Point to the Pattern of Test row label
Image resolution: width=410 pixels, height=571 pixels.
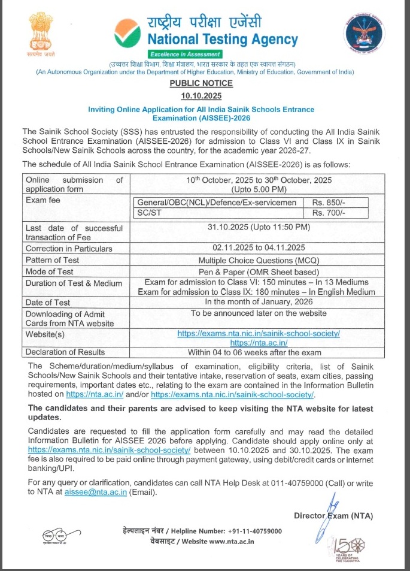(x=53, y=259)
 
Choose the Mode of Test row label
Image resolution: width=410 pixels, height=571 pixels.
(x=50, y=271)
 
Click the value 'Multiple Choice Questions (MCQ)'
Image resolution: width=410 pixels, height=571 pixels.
(x=259, y=259)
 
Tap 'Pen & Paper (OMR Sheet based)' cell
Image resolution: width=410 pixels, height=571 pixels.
(x=259, y=271)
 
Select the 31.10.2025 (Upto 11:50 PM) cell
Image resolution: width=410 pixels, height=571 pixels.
(x=259, y=228)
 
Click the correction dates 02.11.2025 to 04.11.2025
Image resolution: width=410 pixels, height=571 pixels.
(x=259, y=247)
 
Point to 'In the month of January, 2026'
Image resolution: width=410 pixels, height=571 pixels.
(x=259, y=301)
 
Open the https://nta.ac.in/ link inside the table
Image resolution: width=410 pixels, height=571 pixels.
(x=259, y=343)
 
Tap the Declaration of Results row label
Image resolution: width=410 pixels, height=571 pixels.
(x=65, y=352)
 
